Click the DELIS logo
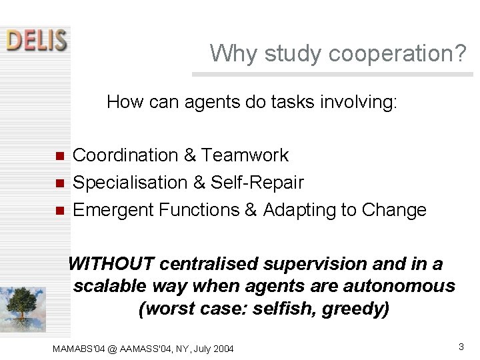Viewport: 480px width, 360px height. pos(37,40)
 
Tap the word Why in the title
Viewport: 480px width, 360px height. pos(231,53)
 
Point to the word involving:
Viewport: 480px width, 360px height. pos(363,102)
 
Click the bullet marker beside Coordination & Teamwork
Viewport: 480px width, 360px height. pos(59,157)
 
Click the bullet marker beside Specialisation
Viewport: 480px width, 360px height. pos(59,183)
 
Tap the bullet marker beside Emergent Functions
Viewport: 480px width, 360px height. pos(59,211)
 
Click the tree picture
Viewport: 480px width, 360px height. pos(23,309)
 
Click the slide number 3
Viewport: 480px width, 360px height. pos(461,347)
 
